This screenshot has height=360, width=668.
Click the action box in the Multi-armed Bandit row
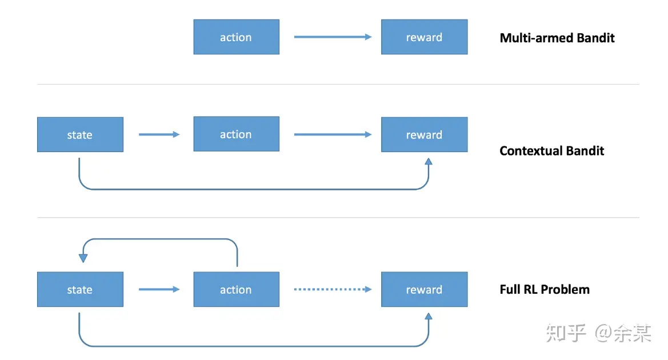pos(237,37)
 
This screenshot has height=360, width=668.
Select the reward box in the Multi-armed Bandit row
pos(425,37)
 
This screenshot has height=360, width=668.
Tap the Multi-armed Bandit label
pos(557,38)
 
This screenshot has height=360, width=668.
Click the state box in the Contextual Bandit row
pos(80,135)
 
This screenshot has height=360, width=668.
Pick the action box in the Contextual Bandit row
pos(237,134)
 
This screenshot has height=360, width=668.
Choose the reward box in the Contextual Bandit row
pos(425,135)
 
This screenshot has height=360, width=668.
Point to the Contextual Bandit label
pos(551,151)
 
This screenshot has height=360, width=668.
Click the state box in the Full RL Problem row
pos(80,289)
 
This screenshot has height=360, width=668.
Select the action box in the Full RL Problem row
pos(237,289)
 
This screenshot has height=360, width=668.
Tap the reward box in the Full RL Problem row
pos(425,289)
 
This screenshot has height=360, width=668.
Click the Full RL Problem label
pos(545,290)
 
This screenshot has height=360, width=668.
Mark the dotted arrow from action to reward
pos(333,289)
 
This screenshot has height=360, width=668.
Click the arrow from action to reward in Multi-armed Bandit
pos(333,37)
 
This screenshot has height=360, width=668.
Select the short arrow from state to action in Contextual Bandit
pos(159,135)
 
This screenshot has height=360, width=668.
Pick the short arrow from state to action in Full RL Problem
pos(159,289)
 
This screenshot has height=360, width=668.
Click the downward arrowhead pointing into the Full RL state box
pos(83,258)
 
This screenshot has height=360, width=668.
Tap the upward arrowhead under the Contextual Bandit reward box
pos(429,162)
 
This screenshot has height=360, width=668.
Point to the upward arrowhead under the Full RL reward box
pos(429,317)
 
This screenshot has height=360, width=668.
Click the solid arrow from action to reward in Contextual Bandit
pos(333,135)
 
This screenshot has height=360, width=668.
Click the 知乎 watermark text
pos(566,333)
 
